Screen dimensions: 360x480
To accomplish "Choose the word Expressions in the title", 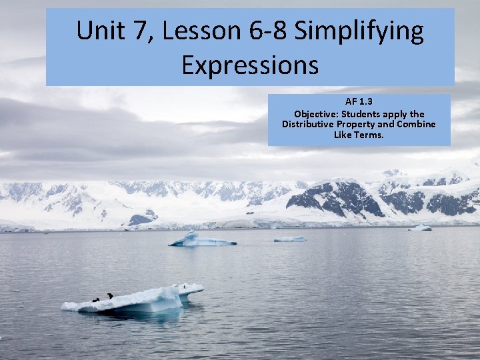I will point(249,65).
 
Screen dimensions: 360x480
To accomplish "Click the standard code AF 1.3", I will point(359,102).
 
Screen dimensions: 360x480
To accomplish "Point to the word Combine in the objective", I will point(417,125).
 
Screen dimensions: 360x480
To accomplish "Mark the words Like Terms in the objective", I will point(359,135).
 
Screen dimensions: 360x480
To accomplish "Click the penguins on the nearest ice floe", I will point(103,297).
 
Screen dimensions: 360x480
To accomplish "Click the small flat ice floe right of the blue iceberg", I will point(290,239).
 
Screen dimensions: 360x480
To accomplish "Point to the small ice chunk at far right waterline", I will point(420,228).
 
